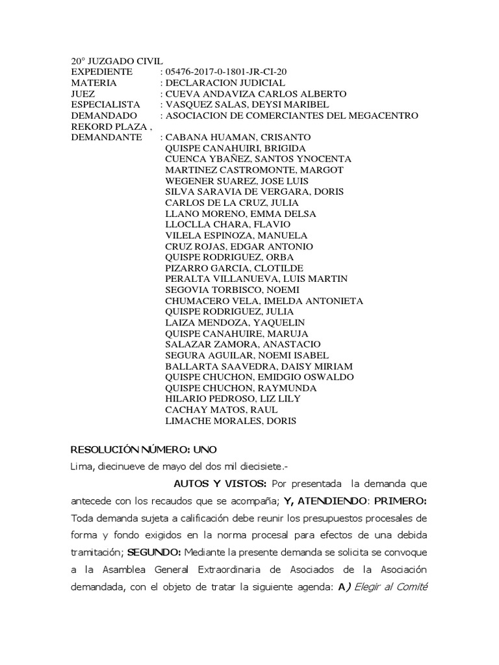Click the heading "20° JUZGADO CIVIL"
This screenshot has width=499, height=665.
tap(117, 61)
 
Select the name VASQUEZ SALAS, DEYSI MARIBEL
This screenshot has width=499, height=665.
tap(248, 105)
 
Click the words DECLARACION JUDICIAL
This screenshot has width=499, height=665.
tap(225, 83)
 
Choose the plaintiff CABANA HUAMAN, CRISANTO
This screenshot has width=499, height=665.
tap(238, 137)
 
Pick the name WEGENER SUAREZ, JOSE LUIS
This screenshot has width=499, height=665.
tap(237, 181)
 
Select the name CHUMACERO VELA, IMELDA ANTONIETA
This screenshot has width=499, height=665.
tap(264, 301)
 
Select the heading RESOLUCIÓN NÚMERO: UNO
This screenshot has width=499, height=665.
tap(144, 449)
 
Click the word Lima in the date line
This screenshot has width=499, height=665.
tap(82, 466)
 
